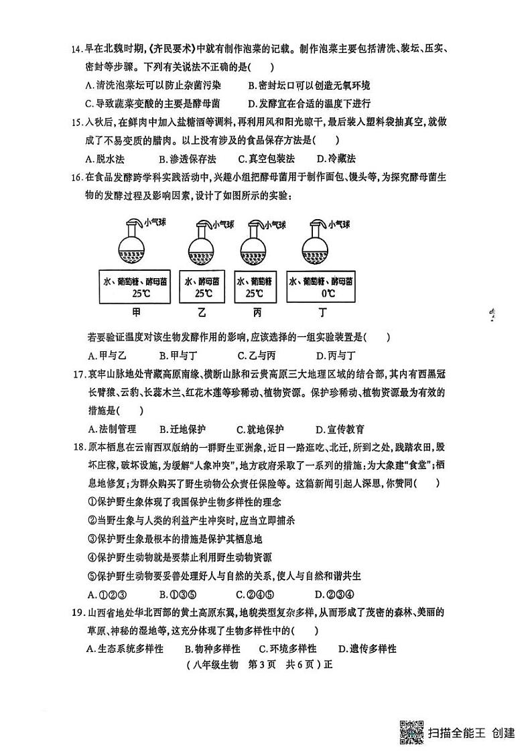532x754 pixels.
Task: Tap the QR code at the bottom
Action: pos(411,734)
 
